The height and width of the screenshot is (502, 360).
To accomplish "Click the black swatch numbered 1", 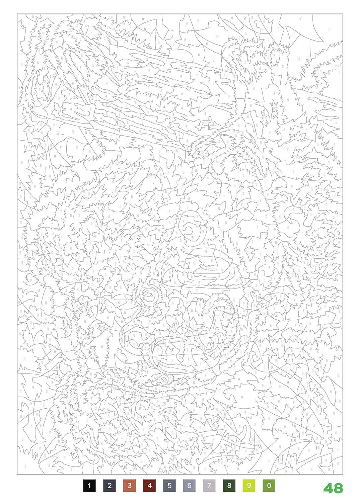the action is click(89, 486).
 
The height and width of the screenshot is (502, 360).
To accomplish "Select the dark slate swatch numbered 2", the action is click(110, 486).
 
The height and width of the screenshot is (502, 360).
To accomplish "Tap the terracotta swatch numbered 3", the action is click(129, 486).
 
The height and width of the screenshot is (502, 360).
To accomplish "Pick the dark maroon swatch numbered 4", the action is click(149, 486).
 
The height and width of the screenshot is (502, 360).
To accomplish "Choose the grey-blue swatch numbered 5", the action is click(169, 486).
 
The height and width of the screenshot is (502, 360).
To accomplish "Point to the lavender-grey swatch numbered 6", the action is click(189, 486).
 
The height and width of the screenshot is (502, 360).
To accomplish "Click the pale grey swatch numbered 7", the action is click(209, 486).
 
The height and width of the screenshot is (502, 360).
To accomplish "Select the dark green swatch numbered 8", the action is click(229, 486).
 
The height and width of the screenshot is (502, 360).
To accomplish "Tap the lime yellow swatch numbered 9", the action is click(249, 486).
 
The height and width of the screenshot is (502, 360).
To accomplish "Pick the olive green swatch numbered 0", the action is click(269, 486).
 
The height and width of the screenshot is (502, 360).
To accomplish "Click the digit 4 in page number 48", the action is click(329, 488).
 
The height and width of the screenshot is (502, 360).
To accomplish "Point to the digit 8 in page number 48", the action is click(338, 488).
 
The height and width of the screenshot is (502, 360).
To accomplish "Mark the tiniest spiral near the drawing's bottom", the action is click(164, 380).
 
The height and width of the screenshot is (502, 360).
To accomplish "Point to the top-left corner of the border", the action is click(17, 14).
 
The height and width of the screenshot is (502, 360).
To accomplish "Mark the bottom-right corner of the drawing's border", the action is click(343, 474).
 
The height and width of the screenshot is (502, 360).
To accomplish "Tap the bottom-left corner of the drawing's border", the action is click(17, 474).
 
